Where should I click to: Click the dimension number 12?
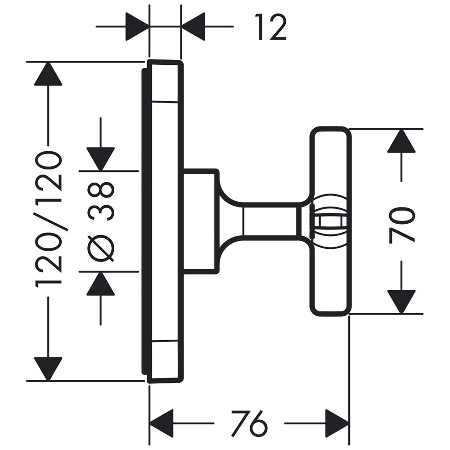click(271, 27)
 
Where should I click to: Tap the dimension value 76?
click(249, 423)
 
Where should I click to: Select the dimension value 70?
click(402, 225)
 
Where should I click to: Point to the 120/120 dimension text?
click(49, 219)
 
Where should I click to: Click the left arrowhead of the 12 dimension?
click(137, 27)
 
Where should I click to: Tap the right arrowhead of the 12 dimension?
click(193, 27)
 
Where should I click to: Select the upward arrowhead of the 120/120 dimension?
click(48, 74)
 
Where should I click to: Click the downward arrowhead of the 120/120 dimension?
click(48, 368)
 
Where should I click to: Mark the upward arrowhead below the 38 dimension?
click(101, 284)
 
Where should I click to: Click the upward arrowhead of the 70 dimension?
click(401, 141)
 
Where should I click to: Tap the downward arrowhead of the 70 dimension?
click(401, 301)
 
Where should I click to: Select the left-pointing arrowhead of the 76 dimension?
click(161, 423)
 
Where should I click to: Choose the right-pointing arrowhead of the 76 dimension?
click(337, 423)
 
